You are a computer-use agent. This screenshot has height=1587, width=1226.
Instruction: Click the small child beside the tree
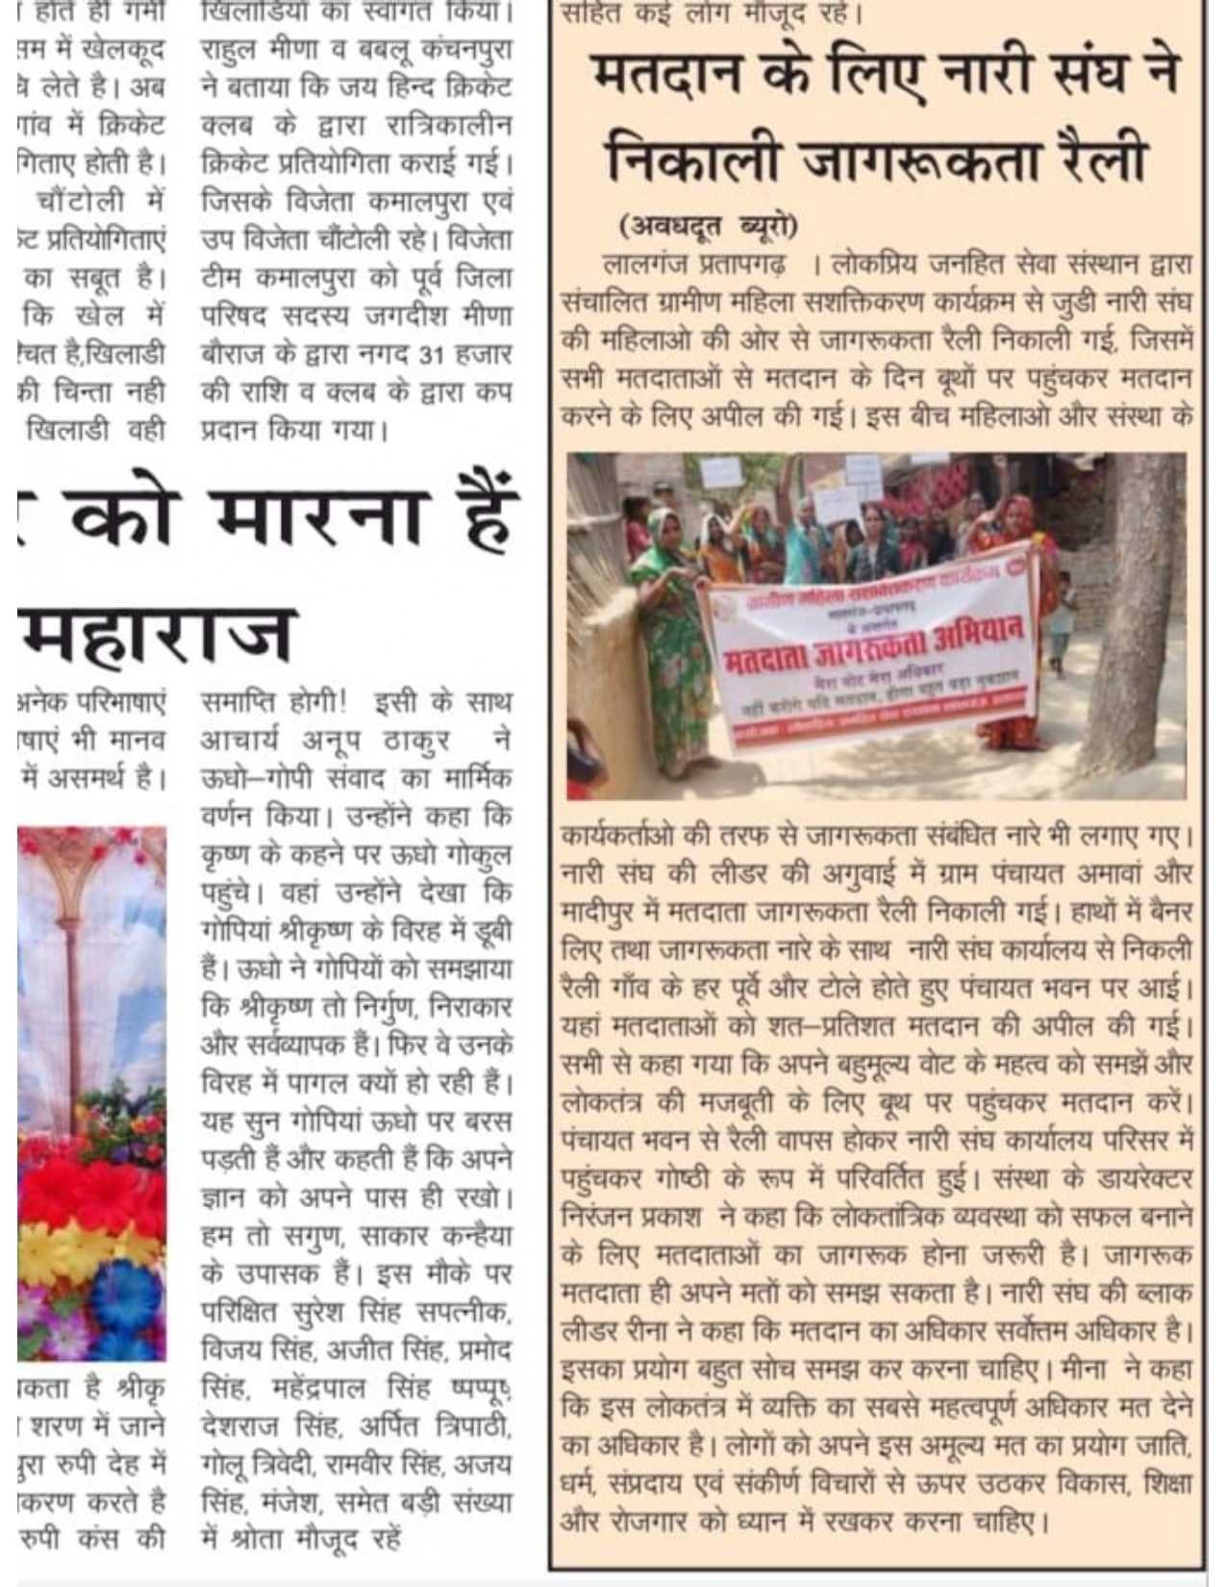1062,620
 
